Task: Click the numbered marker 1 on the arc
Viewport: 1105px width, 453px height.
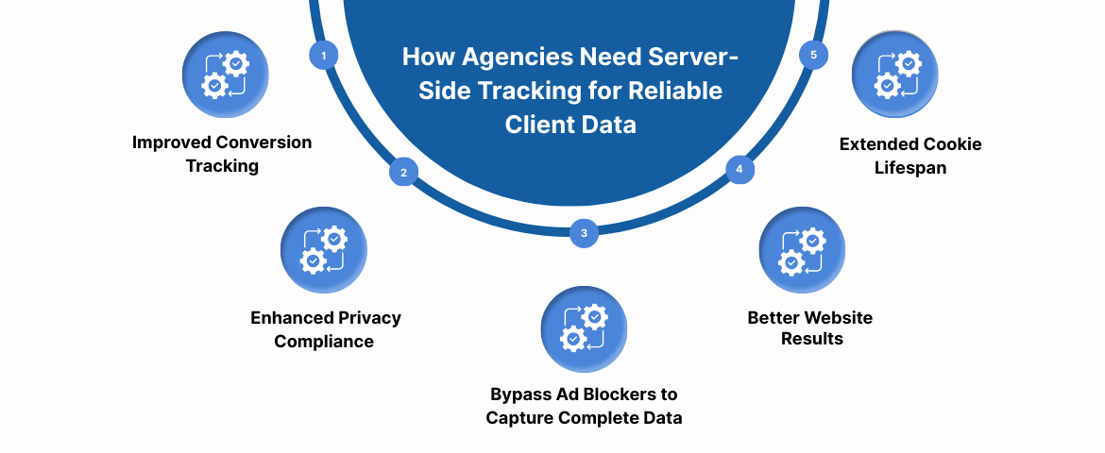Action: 324,56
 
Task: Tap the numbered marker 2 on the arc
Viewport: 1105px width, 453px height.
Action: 403,172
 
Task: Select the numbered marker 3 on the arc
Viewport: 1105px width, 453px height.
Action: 584,232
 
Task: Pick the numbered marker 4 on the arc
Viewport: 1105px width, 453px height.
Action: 739,170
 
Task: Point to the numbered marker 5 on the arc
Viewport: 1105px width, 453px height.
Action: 814,55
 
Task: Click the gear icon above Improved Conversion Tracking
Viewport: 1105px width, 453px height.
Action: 225,75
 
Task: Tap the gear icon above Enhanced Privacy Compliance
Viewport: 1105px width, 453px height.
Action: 324,251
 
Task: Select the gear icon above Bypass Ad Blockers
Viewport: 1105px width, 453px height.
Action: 584,329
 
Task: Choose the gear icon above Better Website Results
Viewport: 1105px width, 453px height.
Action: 802,251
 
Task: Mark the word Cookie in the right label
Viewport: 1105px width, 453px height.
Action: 951,144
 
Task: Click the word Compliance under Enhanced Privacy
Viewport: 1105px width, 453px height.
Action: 324,341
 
